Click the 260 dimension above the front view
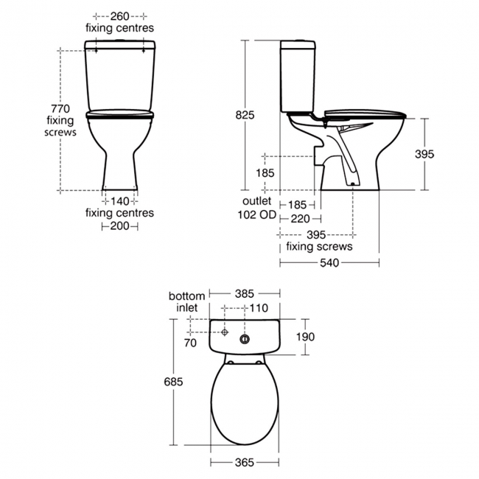coord(119,16)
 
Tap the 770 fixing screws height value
coord(60,109)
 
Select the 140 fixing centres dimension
coord(119,202)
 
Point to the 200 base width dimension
coord(119,226)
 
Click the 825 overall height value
coord(245,115)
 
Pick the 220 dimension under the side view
coord(300,219)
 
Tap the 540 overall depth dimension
coord(329,263)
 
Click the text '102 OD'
coord(257,214)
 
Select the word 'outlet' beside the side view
coord(257,201)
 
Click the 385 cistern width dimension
coord(245,294)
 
